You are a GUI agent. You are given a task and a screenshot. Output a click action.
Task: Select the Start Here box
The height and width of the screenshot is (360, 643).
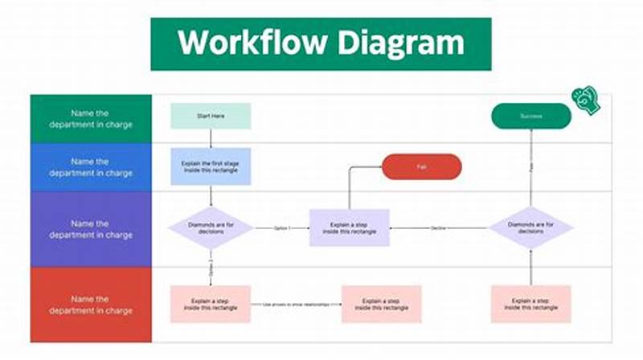[211, 117]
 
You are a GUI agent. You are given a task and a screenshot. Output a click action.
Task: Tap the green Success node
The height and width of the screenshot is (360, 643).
[530, 117]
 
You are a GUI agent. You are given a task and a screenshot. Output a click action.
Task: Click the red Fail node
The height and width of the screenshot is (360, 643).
[421, 166]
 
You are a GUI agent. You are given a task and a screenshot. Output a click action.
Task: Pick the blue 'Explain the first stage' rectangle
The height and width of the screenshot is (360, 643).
[211, 166]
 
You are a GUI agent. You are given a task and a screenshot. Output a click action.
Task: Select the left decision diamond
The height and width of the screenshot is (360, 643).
[211, 228]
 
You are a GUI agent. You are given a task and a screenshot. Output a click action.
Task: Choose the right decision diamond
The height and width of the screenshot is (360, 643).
[530, 228]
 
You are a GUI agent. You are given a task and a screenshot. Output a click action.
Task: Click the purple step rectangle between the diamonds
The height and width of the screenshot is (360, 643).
[350, 228]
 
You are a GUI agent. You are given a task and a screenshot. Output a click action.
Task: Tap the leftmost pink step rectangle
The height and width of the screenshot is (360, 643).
[211, 304]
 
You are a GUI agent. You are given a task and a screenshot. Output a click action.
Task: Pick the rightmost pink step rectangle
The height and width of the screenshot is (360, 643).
[530, 304]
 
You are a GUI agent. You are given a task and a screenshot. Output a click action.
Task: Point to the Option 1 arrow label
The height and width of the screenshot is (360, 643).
[281, 228]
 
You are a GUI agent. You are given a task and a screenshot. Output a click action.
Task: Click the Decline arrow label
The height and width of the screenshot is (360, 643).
[439, 228]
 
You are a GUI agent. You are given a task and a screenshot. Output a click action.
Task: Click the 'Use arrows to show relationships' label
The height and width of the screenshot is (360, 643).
[295, 305]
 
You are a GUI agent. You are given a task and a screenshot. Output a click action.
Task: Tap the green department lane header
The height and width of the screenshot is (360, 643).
[91, 118]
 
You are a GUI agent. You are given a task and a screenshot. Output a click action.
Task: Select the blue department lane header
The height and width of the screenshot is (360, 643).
[91, 167]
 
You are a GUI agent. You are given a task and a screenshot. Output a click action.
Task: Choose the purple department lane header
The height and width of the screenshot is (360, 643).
[91, 229]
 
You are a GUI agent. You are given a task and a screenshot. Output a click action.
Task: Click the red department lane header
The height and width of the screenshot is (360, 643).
[91, 305]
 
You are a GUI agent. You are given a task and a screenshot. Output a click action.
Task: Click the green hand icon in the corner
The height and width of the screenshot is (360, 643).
[585, 100]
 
